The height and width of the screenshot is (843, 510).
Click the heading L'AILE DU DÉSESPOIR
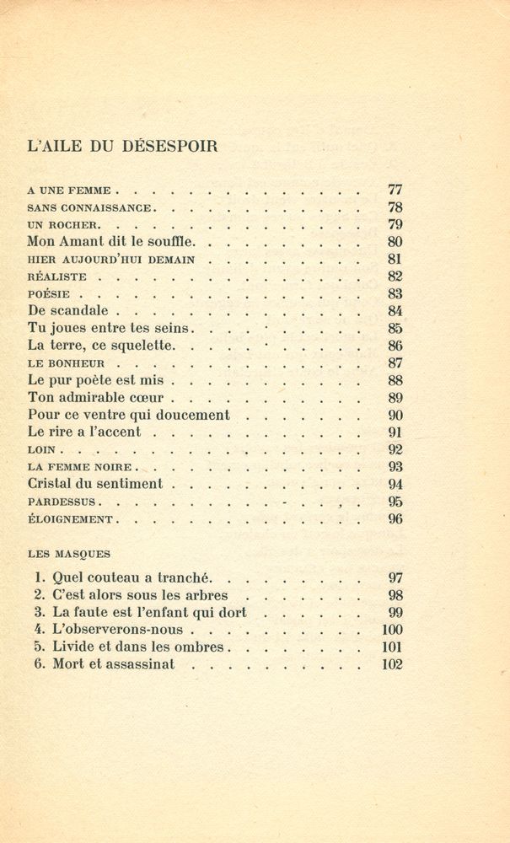[122, 146]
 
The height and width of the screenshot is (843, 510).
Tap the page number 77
[395, 190]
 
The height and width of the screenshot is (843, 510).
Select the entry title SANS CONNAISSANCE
[89, 207]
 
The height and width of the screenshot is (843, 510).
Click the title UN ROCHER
[64, 225]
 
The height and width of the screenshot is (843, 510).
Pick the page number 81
[395, 260]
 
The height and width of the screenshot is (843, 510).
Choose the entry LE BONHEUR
[67, 363]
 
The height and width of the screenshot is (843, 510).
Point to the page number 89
[395, 398]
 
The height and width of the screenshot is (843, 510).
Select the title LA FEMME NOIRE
[77, 467]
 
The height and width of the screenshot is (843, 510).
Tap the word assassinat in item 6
[137, 664]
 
